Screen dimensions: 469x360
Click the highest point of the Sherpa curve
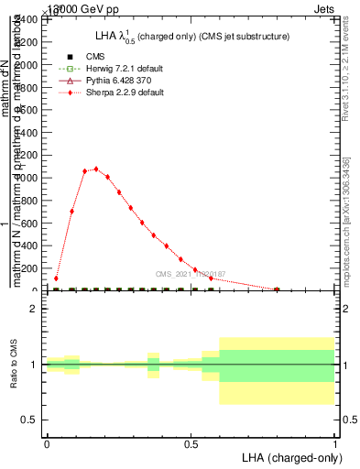coord(96,169)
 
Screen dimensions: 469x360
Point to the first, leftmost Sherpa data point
coord(57,278)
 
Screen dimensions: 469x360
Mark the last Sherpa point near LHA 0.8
coord(277,289)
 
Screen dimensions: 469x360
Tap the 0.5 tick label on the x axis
coord(191,442)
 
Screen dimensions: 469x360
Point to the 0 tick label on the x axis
coord(47,442)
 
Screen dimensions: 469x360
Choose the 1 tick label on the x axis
coord(334,442)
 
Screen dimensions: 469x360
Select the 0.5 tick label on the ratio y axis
coord(30,420)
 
